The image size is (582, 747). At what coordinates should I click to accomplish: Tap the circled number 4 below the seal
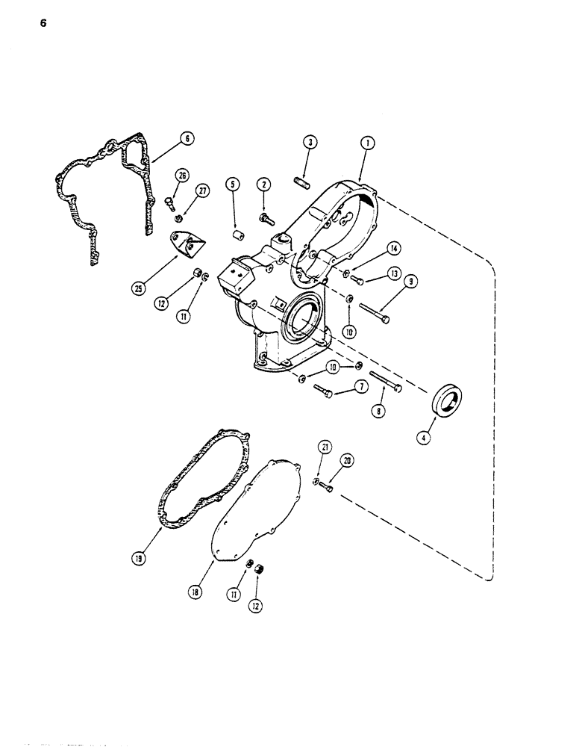(424, 438)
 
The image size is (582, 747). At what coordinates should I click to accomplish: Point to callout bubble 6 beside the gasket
(187, 138)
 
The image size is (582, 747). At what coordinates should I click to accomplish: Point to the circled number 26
(182, 176)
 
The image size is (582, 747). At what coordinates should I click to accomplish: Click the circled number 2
(263, 184)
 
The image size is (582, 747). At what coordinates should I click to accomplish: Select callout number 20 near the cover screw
(346, 461)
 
